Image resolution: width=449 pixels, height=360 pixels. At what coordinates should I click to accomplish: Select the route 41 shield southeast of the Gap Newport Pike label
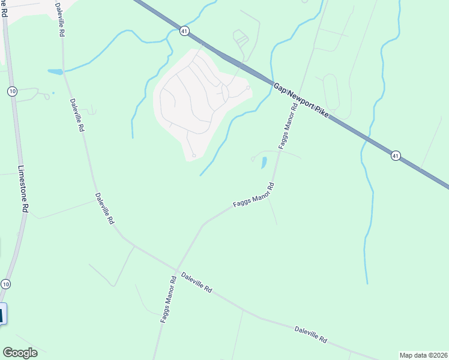coord(395,156)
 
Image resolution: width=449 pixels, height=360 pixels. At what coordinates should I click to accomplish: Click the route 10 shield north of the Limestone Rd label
coord(11,91)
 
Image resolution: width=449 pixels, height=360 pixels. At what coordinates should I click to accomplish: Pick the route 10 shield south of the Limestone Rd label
coord(6,283)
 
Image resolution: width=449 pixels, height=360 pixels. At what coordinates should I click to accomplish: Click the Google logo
coord(20,353)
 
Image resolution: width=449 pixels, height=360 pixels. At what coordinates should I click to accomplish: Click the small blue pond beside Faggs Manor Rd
coord(264,162)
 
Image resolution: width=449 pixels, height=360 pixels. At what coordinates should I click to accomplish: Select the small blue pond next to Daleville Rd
coord(55,72)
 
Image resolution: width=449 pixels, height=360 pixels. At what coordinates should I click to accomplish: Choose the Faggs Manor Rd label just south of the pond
coord(253,196)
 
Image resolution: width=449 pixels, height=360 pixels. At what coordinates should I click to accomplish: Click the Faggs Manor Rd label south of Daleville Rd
coord(168,299)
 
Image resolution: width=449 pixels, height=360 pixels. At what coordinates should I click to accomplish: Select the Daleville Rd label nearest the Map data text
coord(310,335)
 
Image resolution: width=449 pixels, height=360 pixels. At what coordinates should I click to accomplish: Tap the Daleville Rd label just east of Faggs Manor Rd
coord(197,281)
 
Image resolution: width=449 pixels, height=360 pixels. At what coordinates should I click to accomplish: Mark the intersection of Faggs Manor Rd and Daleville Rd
coord(176,269)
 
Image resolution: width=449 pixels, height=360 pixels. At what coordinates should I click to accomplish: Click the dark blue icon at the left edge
coord(2,314)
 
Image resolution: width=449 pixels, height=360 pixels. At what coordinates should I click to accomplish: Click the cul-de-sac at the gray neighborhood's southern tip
coord(193,156)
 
